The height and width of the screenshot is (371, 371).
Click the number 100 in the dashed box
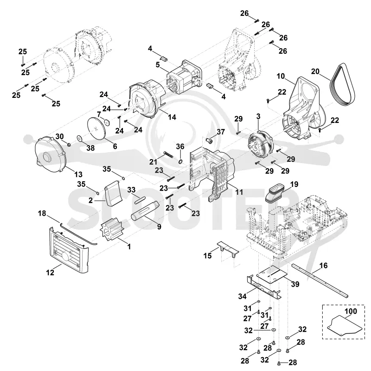351,311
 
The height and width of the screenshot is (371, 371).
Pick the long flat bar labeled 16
320,281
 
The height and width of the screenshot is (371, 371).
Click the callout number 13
78,174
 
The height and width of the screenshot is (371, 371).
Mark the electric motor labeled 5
184,76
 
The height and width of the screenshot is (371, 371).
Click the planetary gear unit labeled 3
260,144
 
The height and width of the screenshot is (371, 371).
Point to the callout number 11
239,192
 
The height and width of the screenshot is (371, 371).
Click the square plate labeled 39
272,274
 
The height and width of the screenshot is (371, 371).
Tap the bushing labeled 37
209,141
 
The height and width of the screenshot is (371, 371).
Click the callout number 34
242,296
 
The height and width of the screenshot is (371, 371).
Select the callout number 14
172,117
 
